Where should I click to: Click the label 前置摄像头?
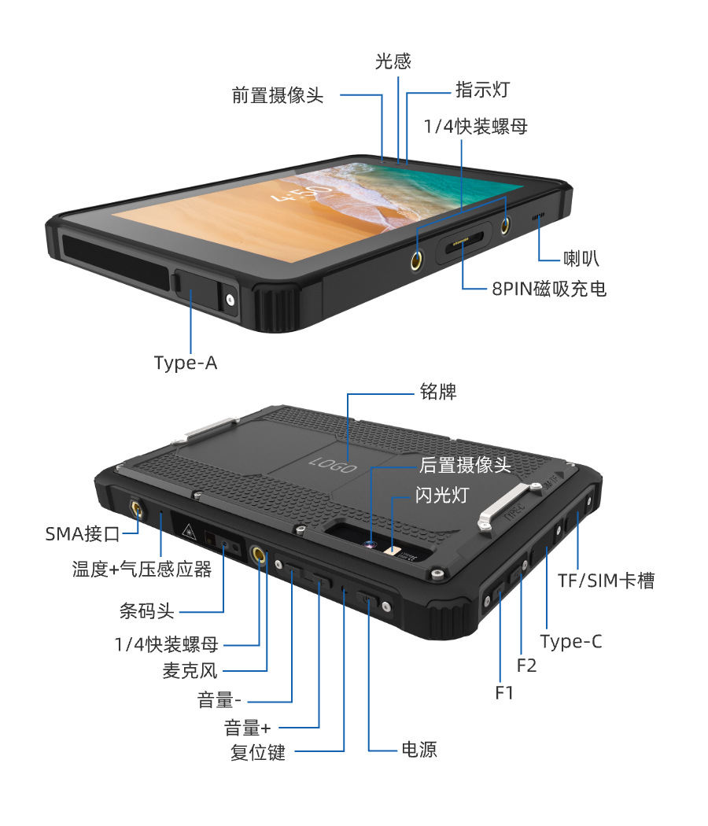277,96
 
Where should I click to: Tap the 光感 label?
393,61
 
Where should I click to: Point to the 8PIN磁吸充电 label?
549,289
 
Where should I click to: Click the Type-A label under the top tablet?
186,363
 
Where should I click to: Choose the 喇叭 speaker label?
582,257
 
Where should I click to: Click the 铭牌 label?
438,391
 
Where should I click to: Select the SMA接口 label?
83,535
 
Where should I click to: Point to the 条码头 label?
146,610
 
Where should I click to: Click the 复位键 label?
257,753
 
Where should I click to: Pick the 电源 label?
419,750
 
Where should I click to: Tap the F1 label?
504,693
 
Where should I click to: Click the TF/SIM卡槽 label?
607,581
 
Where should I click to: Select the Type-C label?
571,641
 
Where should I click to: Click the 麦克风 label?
190,671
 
